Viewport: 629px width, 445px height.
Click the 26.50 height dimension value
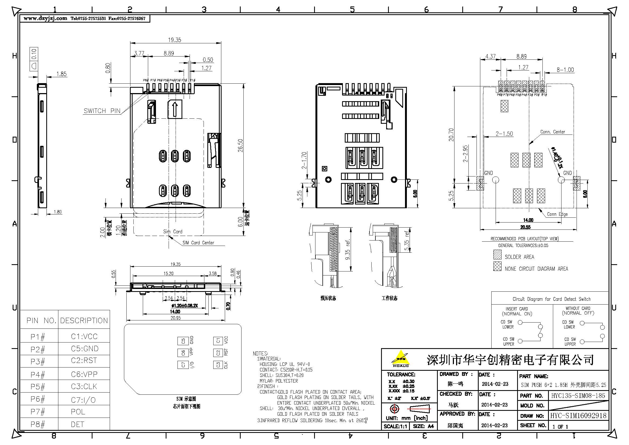[x=240, y=146]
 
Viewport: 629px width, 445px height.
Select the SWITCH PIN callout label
[x=102, y=111]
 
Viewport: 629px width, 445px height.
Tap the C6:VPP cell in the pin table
[x=84, y=374]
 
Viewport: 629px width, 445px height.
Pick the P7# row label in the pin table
[x=38, y=412]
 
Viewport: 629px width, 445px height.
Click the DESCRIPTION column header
[x=84, y=320]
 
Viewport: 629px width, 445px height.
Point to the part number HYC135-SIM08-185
[x=577, y=395]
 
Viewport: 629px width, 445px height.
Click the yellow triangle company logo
[x=400, y=358]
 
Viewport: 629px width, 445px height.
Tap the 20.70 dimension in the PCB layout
[x=451, y=135]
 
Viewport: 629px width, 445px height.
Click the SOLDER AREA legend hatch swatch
[x=497, y=255]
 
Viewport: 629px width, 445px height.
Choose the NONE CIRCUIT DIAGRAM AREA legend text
[x=536, y=269]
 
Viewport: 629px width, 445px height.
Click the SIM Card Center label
[x=198, y=243]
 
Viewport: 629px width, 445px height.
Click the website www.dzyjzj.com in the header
[x=45, y=18]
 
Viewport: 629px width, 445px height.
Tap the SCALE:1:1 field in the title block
[x=395, y=426]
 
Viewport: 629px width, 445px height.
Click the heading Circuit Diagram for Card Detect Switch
[x=552, y=299]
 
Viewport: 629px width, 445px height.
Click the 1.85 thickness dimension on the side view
[x=61, y=74]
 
